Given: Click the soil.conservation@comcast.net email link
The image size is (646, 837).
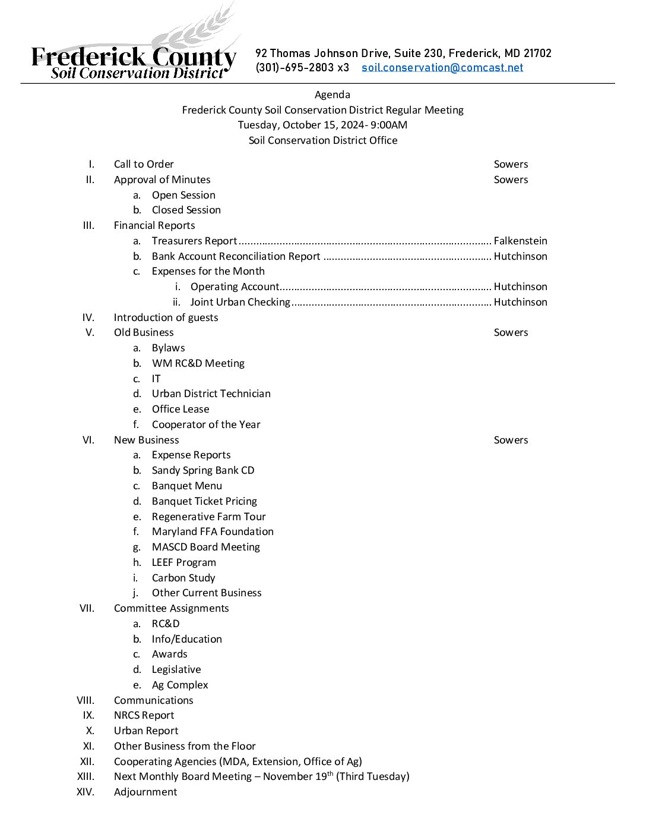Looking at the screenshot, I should point(442,68).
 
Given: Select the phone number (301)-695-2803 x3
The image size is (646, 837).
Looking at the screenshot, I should point(302,68).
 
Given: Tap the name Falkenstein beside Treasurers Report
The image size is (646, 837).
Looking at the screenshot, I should point(520,241).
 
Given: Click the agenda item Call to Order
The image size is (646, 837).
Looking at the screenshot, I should point(144,164).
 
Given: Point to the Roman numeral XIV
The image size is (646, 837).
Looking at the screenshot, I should point(85,792).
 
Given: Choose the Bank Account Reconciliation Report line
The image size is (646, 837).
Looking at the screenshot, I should point(236,256).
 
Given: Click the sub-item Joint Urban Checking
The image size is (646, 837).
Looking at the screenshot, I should point(240,302).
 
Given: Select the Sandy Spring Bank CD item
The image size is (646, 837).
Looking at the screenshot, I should point(203,470).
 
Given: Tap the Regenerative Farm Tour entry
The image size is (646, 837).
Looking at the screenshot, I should point(208,517).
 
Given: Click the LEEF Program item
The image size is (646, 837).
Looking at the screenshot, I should point(183,562).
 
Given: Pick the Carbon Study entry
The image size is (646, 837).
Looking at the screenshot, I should point(183,578).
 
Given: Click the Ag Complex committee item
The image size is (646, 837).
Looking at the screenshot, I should point(180,685).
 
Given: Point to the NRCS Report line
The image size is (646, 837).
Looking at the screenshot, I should point(144,715).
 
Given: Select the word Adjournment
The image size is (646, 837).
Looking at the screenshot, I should point(145,792).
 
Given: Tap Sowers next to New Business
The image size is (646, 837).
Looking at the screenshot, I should point(511,440).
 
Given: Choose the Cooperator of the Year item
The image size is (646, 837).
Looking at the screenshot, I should point(206,424).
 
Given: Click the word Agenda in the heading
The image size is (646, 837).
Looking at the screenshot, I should point(332,95).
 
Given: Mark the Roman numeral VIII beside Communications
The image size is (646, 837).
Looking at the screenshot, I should point(85,700).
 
